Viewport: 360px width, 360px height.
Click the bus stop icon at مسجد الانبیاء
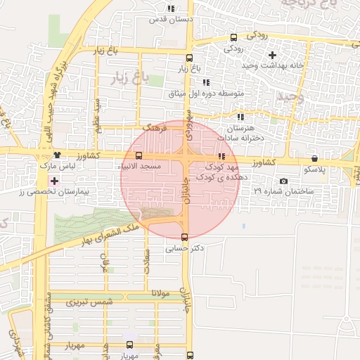point(138,155)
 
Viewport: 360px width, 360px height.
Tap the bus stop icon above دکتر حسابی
point(185,237)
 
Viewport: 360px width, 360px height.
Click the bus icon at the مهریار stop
point(129,345)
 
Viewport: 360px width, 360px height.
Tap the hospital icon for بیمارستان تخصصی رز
point(54,181)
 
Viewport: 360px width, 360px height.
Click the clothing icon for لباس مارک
point(57,155)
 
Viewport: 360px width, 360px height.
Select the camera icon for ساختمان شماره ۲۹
point(283,181)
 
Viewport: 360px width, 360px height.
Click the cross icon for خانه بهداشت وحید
point(273,54)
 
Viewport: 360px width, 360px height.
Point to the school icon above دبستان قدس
point(171,9)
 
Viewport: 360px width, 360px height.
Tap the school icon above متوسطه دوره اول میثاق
point(205,82)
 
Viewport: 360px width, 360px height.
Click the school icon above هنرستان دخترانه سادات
point(240,117)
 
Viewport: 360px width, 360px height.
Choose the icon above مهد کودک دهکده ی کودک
point(221,156)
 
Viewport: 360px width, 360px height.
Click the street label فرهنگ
point(153,129)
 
